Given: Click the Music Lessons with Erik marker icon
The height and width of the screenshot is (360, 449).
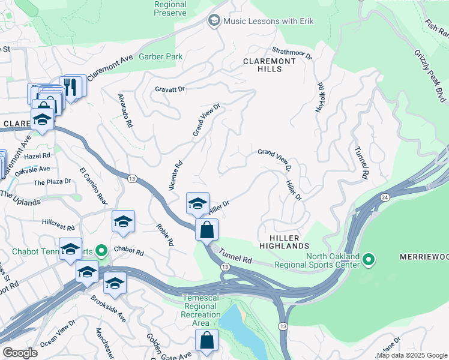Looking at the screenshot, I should pos(213,21).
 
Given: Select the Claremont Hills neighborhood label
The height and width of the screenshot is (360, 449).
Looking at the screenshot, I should pos(270,65).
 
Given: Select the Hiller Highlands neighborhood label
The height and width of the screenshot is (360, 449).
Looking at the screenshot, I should pos(285,241).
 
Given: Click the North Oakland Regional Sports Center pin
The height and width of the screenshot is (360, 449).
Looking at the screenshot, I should pos(369,260).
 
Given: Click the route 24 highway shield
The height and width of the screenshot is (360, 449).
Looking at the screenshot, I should pos(383,196).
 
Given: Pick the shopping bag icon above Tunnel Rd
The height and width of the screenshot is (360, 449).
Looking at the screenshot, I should pos(206,229).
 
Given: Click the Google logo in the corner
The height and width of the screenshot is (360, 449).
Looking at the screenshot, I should pos(20,353).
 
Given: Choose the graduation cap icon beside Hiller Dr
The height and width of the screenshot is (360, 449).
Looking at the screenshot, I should pos(197,203).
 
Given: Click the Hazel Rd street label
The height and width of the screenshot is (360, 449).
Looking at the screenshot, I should pos(37,155).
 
